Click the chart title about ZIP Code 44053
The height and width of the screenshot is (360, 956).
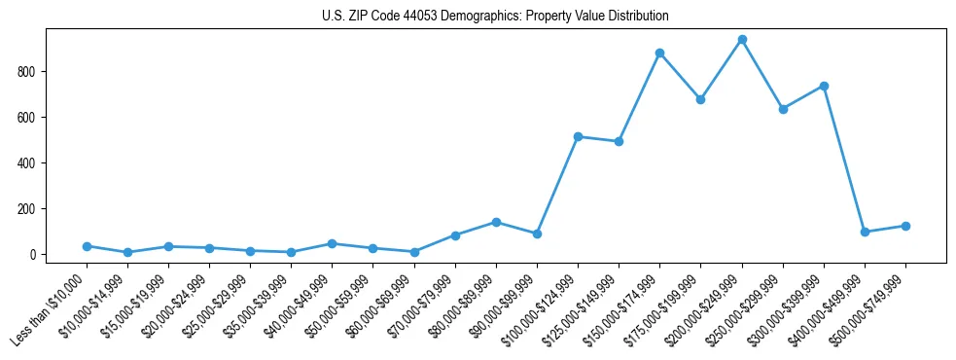pyautogui.click(x=495, y=17)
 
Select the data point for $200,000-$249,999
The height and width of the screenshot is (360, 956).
pyautogui.click(x=742, y=40)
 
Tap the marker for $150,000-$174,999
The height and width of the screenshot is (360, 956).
pyautogui.click(x=659, y=54)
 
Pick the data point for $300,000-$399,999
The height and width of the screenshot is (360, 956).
pyautogui.click(x=824, y=87)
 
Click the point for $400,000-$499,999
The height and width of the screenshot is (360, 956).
pyautogui.click(x=865, y=232)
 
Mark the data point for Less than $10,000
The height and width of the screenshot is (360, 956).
pyautogui.click(x=87, y=246)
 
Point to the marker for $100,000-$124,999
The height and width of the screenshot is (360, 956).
pyautogui.click(x=578, y=137)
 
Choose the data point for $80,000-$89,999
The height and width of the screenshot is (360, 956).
pyautogui.click(x=496, y=222)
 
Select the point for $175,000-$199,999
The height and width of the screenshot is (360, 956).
pyautogui.click(x=700, y=99)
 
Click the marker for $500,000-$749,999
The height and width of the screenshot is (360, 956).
pyautogui.click(x=905, y=226)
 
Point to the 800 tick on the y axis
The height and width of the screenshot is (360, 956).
pyautogui.click(x=33, y=72)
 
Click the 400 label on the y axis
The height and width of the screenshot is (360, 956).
pyautogui.click(x=33, y=163)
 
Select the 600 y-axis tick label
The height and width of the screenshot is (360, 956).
pyautogui.click(x=33, y=118)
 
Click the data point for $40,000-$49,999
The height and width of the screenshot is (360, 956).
pyautogui.click(x=332, y=244)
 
